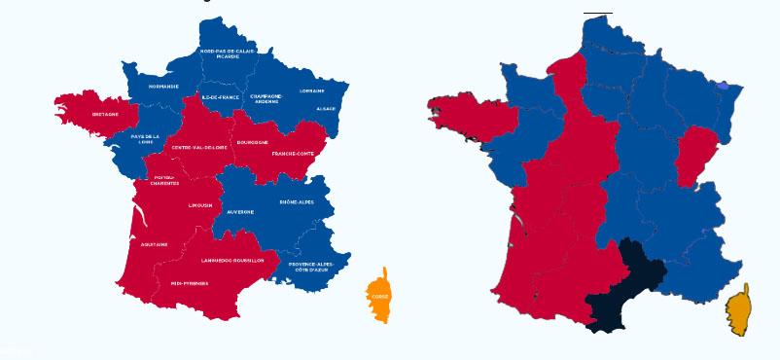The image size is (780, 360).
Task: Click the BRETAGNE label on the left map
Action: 105,114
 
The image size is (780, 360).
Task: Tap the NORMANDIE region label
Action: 163,86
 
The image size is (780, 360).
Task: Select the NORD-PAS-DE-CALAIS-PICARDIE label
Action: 228,54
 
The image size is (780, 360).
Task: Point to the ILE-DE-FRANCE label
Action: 220,97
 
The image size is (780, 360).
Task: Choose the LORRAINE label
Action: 312,90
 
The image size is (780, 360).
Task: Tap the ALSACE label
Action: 326,108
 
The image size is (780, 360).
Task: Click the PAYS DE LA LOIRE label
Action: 145,139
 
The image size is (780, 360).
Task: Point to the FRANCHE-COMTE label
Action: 289,154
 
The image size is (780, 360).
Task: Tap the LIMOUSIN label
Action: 199,205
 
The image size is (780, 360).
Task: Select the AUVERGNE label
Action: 240,211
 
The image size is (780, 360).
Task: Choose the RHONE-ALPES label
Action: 297,201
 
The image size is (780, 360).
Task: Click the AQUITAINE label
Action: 154,243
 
